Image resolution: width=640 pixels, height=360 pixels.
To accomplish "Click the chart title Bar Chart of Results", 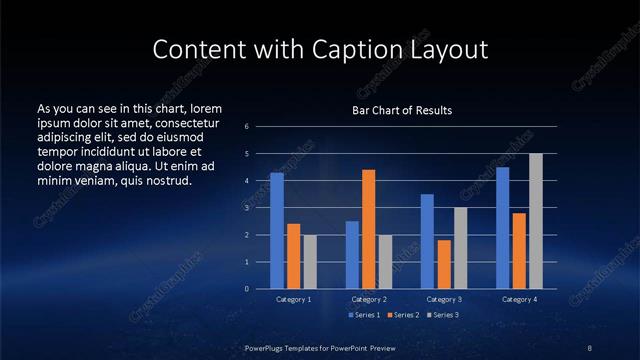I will coord(401,110).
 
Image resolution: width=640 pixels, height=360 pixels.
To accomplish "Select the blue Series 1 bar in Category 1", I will coord(277,230).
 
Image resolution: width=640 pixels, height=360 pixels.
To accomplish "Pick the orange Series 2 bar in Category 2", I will coord(368,229).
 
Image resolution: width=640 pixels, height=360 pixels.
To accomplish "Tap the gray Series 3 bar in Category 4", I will coord(535,221).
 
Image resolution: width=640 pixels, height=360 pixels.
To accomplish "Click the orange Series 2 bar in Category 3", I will coord(444,264).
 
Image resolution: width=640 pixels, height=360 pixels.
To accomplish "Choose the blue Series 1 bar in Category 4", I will coord(503,227).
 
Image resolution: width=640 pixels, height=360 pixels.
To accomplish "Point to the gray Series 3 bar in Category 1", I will coord(309,261).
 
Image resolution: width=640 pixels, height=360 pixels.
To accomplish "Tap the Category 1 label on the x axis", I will coord(293,299).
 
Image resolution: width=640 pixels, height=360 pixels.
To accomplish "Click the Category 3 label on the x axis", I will coord(444,299).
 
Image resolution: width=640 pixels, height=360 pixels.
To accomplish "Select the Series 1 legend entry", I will coord(365,315).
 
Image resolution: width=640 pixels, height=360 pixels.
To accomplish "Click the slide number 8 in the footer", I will coord(591,347).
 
